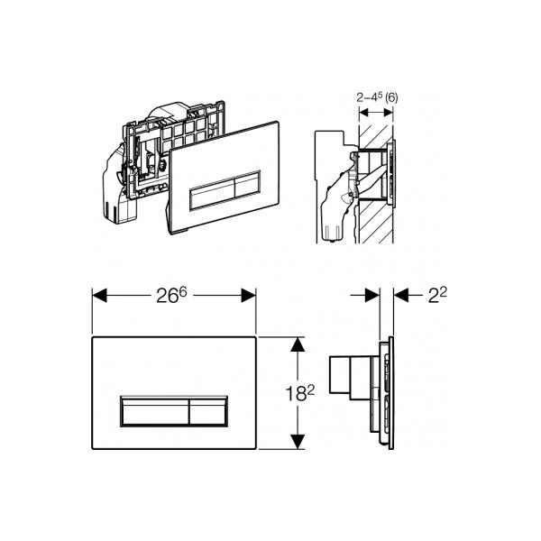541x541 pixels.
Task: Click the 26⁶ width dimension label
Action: point(171,296)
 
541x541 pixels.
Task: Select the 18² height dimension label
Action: point(300,393)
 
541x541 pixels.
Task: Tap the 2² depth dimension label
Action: point(437,295)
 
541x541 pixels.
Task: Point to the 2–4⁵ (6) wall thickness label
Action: point(377,97)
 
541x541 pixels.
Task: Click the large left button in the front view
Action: point(154,411)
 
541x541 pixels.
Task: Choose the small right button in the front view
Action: point(208,411)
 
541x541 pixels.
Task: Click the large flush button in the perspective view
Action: point(212,194)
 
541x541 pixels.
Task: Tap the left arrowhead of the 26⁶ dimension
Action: point(99,296)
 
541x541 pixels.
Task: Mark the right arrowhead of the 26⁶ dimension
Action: point(249,296)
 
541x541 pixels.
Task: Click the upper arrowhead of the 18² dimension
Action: point(298,344)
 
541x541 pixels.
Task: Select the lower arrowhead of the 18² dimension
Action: point(298,442)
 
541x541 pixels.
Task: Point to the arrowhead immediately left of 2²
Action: point(401,296)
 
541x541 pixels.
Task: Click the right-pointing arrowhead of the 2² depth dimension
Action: point(372,296)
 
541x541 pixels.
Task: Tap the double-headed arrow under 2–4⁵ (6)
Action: point(376,112)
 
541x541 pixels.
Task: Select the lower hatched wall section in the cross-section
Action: point(376,221)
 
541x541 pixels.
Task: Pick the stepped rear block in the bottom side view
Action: point(349,378)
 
